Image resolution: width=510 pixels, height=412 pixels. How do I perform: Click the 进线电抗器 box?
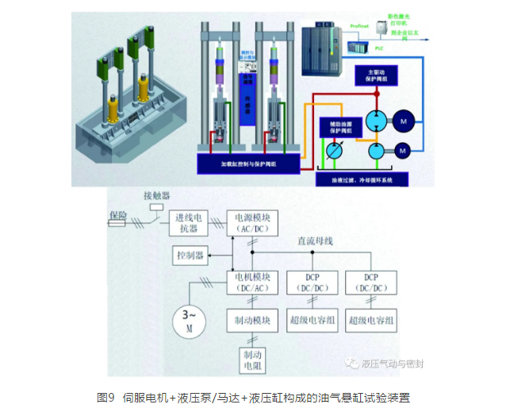tap(188, 223)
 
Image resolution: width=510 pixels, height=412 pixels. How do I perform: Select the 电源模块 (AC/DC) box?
tap(252, 222)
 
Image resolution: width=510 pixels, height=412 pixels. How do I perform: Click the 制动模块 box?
tap(252, 320)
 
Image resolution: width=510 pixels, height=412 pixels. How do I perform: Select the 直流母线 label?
tap(314, 241)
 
